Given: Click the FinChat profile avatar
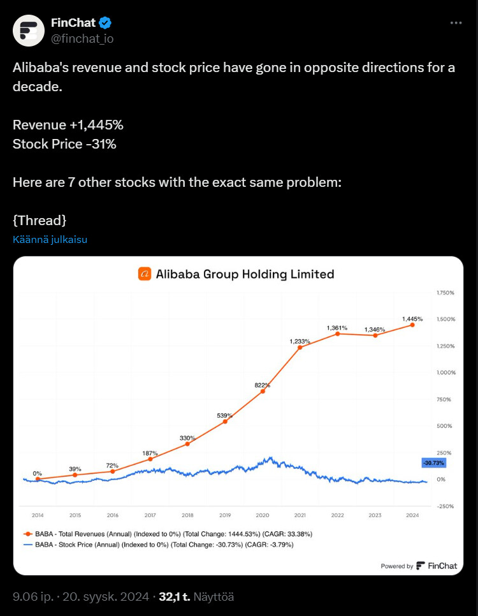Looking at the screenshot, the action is click(x=29, y=31).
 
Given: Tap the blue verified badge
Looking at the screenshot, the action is click(x=105, y=23).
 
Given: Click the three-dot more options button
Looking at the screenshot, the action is click(x=456, y=23).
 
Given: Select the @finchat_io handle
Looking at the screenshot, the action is click(x=82, y=38).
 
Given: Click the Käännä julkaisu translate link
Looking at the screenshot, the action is click(x=50, y=239).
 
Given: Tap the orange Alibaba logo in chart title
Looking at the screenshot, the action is click(x=145, y=274).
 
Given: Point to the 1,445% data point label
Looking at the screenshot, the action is click(x=412, y=319).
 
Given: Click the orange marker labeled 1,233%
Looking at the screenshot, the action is click(x=300, y=348).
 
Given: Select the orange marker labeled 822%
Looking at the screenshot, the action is click(x=263, y=392).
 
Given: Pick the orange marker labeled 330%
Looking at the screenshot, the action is click(x=188, y=444).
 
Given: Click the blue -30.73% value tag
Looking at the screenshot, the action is click(x=433, y=463).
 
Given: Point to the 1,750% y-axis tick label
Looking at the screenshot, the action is click(x=445, y=293).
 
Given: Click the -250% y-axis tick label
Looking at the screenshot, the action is click(x=445, y=506).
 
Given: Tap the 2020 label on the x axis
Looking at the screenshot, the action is click(x=263, y=515).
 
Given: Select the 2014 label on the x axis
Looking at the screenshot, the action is click(x=38, y=515).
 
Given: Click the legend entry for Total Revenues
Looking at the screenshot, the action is click(x=168, y=534).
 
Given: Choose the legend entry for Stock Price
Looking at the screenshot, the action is click(x=158, y=545).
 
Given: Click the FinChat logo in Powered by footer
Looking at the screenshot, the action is click(x=437, y=566).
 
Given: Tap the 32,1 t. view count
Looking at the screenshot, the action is click(x=175, y=597).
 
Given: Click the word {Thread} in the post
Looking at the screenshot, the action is click(x=40, y=221).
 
